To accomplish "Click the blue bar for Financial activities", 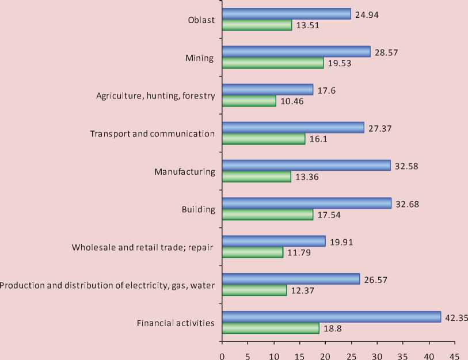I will click(x=331, y=317).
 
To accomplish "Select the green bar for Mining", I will click(x=272, y=63).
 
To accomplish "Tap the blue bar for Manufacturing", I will click(x=306, y=166).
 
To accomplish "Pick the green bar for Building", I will click(x=267, y=215).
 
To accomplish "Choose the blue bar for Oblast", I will click(x=286, y=14).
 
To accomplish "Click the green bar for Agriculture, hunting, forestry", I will click(x=249, y=101).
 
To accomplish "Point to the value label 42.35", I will click(x=455, y=316).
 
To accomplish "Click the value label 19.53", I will click(x=340, y=63).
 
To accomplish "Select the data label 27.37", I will click(x=380, y=128).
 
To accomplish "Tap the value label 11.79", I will click(x=299, y=252).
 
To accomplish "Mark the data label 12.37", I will click(x=303, y=290).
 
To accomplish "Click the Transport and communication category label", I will click(x=153, y=134).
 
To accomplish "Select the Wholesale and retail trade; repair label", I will click(x=143, y=248).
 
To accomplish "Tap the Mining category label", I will click(x=200, y=58).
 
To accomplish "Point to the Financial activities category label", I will click(x=176, y=323).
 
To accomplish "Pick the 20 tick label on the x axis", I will click(x=325, y=355).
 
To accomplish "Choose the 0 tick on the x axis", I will click(x=222, y=355).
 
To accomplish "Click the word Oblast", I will click(x=201, y=20).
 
